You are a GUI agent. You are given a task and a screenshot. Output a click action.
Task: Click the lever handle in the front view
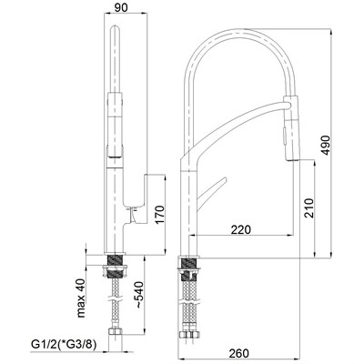[x=138, y=201]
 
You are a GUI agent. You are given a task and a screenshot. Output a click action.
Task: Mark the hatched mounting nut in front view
[x=116, y=269]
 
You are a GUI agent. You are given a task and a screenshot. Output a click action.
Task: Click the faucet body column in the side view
[x=189, y=209]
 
